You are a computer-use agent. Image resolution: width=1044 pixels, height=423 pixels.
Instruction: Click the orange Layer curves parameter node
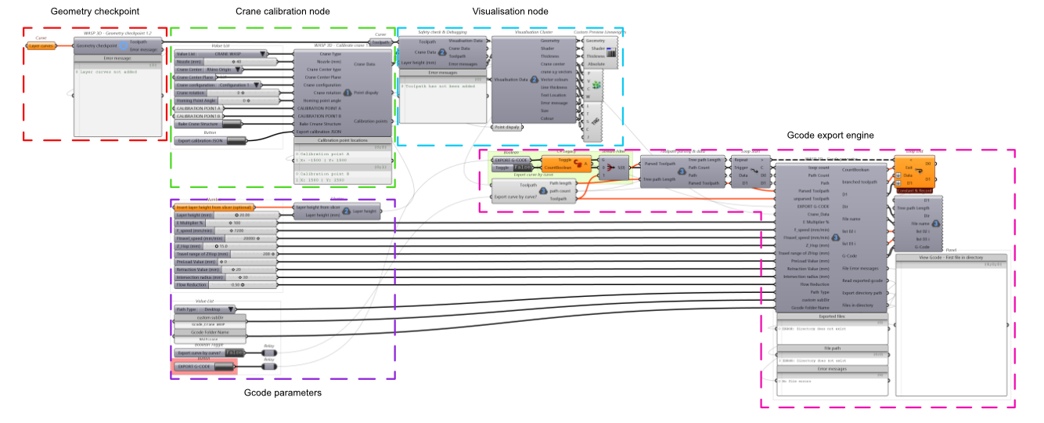tap(40, 45)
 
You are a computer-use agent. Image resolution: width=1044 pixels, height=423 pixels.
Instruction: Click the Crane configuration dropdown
tap(217, 85)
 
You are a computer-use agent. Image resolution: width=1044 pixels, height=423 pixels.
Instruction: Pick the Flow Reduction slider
tap(225, 284)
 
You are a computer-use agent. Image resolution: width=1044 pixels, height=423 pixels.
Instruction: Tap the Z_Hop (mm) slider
tap(225, 246)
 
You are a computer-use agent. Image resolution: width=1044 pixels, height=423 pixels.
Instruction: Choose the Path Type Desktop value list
tap(206, 309)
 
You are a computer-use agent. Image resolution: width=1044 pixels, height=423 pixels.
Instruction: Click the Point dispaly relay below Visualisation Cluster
tap(506, 127)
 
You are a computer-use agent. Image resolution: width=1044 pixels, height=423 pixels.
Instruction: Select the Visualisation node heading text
tap(509, 12)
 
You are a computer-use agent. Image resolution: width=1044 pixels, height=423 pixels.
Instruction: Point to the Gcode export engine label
tap(830, 136)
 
